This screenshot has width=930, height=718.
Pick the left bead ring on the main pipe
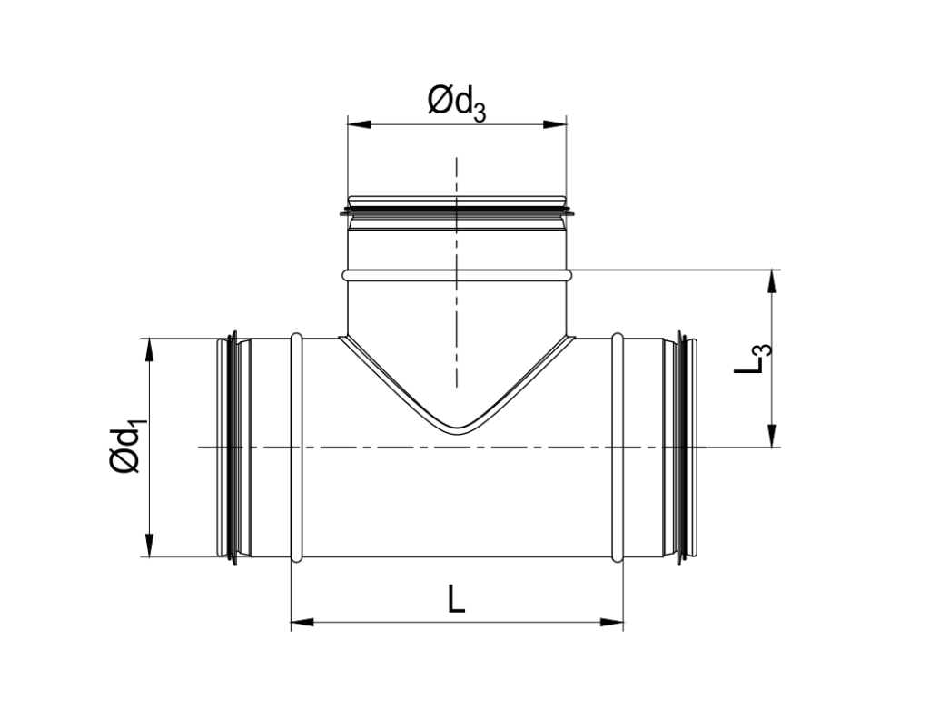[296, 447]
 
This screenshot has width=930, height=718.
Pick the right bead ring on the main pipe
[618, 447]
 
